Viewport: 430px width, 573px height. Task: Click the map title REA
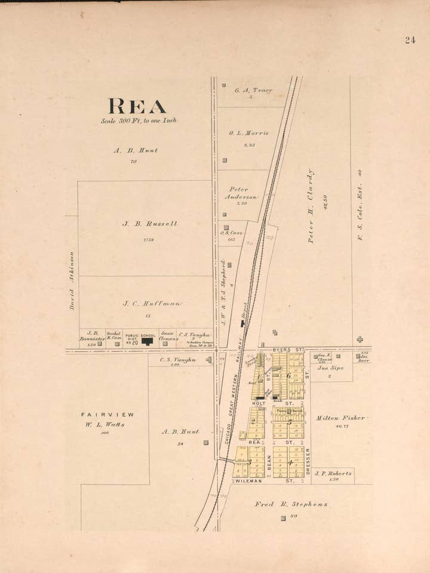click(x=137, y=106)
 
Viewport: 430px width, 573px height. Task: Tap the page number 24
click(x=410, y=41)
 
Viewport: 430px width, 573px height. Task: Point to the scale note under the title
click(x=139, y=121)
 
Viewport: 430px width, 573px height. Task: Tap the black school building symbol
click(x=147, y=342)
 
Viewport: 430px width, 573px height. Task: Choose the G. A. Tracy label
click(x=253, y=91)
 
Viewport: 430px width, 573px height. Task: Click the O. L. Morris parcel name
click(x=248, y=133)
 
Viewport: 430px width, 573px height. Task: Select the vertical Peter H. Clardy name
click(x=311, y=205)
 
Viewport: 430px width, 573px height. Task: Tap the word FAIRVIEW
click(x=107, y=414)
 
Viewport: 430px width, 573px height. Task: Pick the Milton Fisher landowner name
click(x=340, y=418)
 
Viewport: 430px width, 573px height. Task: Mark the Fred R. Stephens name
click(x=291, y=504)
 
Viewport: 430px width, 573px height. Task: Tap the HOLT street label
click(x=259, y=403)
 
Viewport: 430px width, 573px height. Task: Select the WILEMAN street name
click(x=250, y=480)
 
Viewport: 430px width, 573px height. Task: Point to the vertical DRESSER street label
click(x=308, y=461)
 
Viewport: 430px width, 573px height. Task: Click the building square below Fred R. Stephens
click(x=283, y=518)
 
